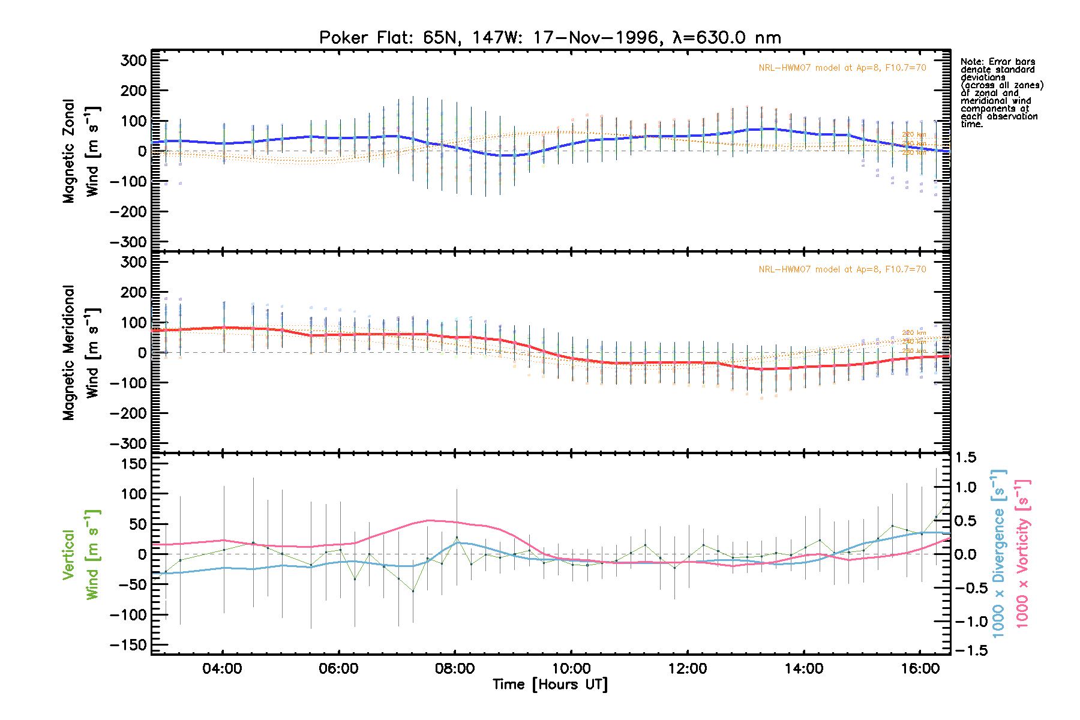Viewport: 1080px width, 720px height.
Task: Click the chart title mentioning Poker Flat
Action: click(550, 38)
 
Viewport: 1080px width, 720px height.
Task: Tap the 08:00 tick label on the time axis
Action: click(455, 668)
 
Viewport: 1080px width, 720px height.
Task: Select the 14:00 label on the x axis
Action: click(804, 668)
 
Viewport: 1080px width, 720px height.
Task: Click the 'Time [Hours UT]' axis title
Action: click(550, 685)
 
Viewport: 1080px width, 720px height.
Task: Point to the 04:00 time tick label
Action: click(222, 668)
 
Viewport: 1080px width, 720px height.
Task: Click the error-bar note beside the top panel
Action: click(1001, 93)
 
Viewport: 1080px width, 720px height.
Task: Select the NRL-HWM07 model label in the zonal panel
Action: click(842, 68)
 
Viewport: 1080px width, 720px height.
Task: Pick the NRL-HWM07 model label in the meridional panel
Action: click(842, 269)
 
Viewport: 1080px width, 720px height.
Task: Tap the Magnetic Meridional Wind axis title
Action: click(80, 353)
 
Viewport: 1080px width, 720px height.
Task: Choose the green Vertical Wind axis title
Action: click(80, 554)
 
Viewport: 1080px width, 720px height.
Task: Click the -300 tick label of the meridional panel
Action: click(128, 444)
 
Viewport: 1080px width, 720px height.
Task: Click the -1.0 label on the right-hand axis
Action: click(965, 622)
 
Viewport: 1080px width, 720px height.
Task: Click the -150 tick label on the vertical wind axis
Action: click(128, 645)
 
